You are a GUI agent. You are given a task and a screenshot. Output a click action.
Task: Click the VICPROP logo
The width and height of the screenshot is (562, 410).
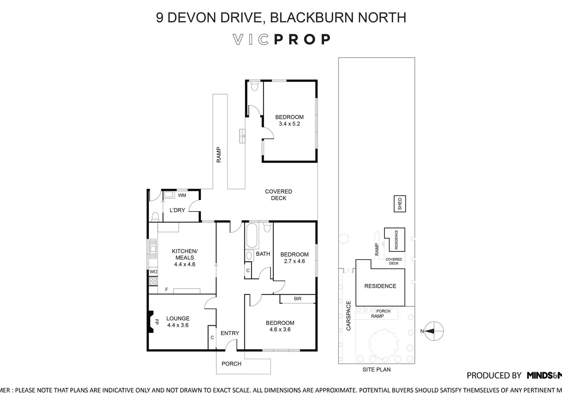click(281, 39)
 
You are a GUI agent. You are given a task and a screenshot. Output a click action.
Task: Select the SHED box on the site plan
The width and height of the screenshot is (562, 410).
click(400, 203)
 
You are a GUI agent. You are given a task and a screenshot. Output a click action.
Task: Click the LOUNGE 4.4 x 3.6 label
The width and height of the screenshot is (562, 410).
click(178, 322)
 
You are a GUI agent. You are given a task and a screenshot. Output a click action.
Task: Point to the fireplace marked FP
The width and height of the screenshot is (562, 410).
click(151, 322)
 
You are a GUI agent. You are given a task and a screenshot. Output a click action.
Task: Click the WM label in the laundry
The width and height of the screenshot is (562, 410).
click(182, 195)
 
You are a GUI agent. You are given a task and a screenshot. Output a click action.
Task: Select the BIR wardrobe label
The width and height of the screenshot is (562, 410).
click(298, 299)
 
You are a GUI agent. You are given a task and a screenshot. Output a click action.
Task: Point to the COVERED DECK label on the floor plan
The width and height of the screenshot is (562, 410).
click(279, 195)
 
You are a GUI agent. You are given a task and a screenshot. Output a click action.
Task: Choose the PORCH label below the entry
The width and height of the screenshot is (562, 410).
click(231, 364)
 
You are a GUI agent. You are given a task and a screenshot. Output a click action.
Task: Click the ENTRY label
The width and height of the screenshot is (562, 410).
click(230, 333)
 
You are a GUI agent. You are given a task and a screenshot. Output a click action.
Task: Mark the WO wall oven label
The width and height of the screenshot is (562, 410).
click(153, 272)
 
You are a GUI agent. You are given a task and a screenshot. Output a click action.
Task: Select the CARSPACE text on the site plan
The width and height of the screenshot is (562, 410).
click(348, 315)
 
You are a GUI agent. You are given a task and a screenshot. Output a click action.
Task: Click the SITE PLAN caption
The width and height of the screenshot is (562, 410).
click(376, 369)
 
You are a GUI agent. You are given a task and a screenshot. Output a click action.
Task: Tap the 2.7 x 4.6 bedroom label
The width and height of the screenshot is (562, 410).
click(294, 258)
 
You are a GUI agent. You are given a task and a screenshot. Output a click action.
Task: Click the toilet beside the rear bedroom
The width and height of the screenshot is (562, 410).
click(255, 87)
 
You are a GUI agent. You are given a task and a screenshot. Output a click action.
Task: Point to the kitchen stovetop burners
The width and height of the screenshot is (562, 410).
click(153, 281)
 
